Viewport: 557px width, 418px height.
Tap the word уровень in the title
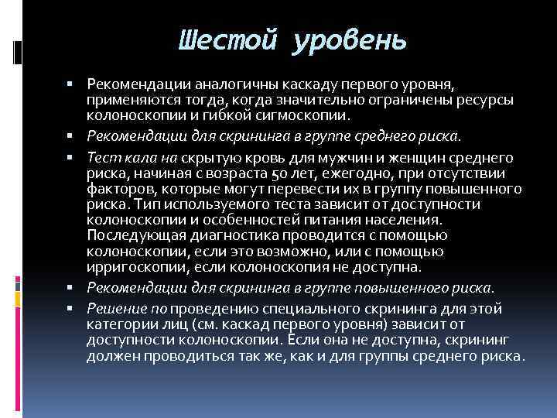coord(349,39)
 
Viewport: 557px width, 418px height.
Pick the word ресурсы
coord(487,101)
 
